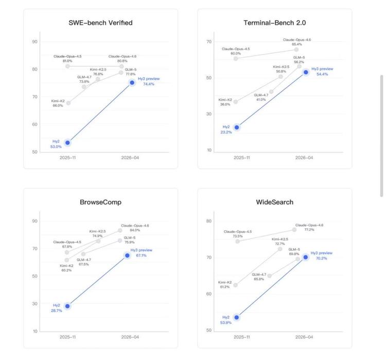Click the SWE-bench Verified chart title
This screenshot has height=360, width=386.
pyautogui.click(x=100, y=23)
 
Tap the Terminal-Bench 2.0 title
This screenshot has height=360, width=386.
pyautogui.click(x=275, y=23)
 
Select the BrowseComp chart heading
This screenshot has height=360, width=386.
pyautogui.click(x=100, y=202)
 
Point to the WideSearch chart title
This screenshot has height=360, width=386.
pyautogui.click(x=275, y=202)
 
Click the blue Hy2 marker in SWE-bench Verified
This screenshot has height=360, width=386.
pyautogui.click(x=67, y=143)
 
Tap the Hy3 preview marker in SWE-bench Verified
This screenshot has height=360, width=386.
pyautogui.click(x=132, y=82)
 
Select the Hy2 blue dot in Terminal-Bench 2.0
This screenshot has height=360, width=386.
pyautogui.click(x=237, y=127)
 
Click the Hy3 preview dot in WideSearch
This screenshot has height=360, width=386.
pyautogui.click(x=306, y=257)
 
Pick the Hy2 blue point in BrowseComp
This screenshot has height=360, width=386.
pyautogui.click(x=67, y=306)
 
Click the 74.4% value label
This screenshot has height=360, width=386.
pyautogui.click(x=149, y=84)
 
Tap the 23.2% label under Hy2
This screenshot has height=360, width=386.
pyautogui.click(x=226, y=132)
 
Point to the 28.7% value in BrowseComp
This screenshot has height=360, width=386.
pyautogui.click(x=57, y=311)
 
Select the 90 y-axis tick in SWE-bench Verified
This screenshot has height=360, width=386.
pyautogui.click(x=34, y=42)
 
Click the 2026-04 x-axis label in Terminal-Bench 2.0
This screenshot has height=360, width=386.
pyautogui.click(x=304, y=158)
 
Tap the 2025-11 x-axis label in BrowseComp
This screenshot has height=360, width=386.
pyautogui.click(x=67, y=337)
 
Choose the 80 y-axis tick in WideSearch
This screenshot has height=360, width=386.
pyautogui.click(x=209, y=221)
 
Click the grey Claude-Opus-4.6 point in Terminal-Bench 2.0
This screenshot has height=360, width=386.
pyautogui.click(x=296, y=49)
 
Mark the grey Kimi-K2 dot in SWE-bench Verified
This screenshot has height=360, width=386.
pyautogui.click(x=68, y=103)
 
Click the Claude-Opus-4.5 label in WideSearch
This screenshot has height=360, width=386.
pyautogui.click(x=238, y=232)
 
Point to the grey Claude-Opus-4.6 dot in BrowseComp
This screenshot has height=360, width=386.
pyautogui.click(x=120, y=230)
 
